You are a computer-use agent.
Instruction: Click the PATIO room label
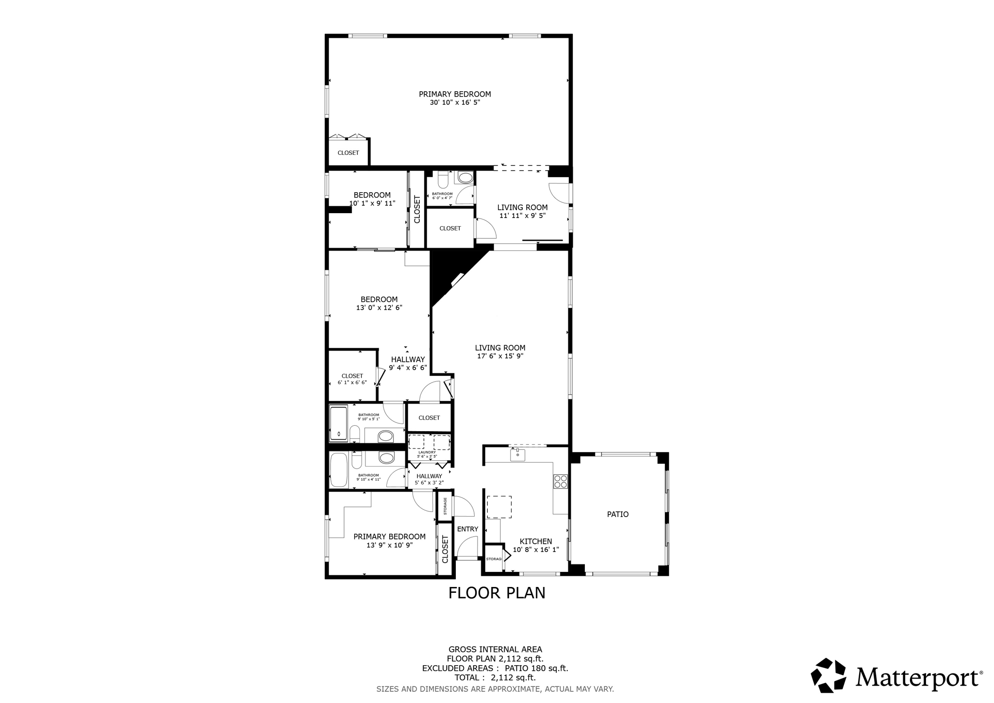click(x=617, y=514)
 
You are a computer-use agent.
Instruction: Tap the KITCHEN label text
click(x=536, y=541)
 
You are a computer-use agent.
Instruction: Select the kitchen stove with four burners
click(x=561, y=481)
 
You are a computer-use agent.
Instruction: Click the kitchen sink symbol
click(x=517, y=455)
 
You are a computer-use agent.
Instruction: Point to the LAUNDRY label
click(x=427, y=452)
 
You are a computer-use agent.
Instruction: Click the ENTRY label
click(x=467, y=529)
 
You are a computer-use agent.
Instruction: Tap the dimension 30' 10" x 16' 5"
click(x=455, y=102)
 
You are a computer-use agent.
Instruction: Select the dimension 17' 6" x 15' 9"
click(x=500, y=356)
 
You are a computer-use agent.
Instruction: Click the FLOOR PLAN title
click(x=497, y=593)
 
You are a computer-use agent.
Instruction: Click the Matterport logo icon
click(x=828, y=675)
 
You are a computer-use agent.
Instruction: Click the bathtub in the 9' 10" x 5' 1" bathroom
click(x=338, y=423)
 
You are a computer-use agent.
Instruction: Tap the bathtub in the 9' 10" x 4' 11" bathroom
click(x=338, y=470)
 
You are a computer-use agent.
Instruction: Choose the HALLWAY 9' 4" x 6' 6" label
click(x=408, y=363)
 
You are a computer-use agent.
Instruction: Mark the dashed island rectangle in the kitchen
click(x=499, y=507)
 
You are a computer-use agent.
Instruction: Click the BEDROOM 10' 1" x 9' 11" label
click(x=372, y=199)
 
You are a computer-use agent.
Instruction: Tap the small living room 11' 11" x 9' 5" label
click(x=522, y=211)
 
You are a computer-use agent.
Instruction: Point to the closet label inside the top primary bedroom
click(x=348, y=153)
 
